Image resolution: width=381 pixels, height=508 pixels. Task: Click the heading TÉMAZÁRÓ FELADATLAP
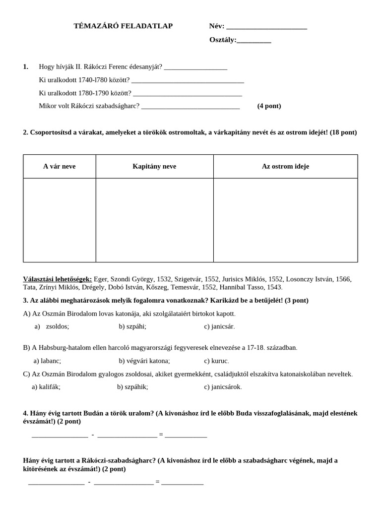click(123, 26)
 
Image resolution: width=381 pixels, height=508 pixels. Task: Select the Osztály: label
click(223, 40)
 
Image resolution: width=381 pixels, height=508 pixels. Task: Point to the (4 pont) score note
click(269, 106)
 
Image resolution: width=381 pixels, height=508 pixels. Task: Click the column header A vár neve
click(59, 166)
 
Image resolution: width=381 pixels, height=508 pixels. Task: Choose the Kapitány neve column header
click(154, 166)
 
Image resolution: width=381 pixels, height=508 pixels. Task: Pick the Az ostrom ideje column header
click(285, 166)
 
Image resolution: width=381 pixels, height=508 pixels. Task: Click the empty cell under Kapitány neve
click(154, 220)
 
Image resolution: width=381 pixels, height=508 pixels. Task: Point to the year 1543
click(274, 287)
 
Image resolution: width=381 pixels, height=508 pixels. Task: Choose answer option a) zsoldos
click(52, 326)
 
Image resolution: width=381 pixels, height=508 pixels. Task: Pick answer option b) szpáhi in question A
click(132, 326)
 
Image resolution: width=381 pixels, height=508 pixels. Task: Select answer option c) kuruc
click(216, 361)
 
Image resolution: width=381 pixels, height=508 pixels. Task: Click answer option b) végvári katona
click(144, 361)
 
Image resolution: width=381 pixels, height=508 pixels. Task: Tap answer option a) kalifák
click(46, 387)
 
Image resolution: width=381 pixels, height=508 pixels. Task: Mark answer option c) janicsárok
click(223, 387)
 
